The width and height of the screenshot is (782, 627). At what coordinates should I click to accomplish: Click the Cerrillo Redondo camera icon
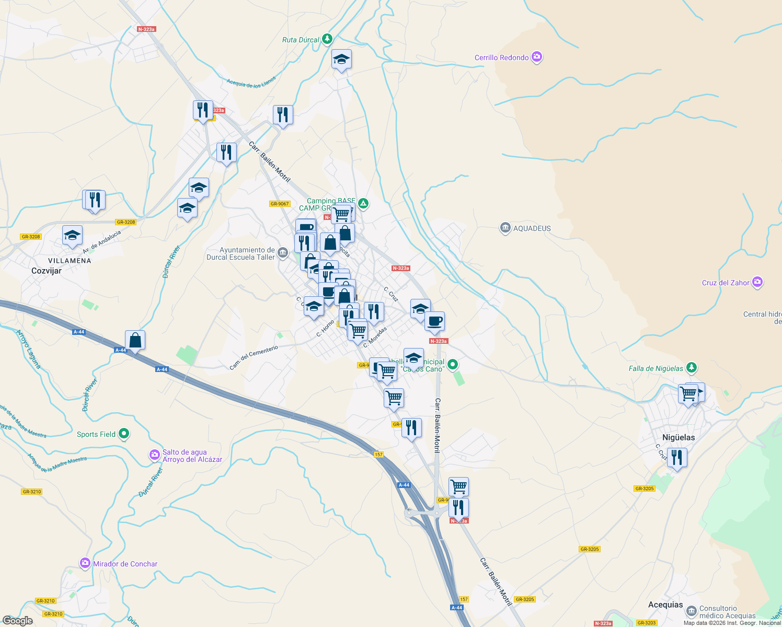click(537, 57)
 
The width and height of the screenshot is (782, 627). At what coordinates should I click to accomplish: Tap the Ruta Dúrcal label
click(301, 40)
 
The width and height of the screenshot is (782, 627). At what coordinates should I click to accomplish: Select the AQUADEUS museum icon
click(505, 228)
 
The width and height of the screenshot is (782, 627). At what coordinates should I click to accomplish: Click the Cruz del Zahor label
click(726, 283)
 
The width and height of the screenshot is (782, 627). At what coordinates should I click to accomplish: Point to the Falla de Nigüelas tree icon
click(692, 368)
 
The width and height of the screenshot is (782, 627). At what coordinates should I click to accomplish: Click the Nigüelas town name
click(678, 437)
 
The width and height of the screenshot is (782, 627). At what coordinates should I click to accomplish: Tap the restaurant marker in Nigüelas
click(677, 458)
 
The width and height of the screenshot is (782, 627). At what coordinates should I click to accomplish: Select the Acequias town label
click(665, 605)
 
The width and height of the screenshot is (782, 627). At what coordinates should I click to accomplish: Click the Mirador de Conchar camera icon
click(85, 563)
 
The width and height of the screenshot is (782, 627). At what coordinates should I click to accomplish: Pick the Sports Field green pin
click(124, 434)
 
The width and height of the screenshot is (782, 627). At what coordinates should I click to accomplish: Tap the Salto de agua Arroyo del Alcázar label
click(192, 456)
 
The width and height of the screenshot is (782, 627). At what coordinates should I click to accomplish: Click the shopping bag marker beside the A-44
click(135, 340)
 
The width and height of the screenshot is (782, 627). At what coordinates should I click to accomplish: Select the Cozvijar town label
click(47, 271)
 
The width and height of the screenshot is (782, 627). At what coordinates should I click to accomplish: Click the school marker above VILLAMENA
click(72, 236)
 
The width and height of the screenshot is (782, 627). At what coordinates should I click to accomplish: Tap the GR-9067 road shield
click(280, 204)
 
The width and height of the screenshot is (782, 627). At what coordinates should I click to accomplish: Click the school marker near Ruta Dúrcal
click(341, 60)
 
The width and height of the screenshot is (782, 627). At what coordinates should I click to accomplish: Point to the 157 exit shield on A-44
click(379, 455)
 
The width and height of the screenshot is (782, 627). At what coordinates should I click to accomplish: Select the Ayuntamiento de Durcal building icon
click(283, 253)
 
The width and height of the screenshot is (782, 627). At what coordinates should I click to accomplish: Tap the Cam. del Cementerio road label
click(254, 357)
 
